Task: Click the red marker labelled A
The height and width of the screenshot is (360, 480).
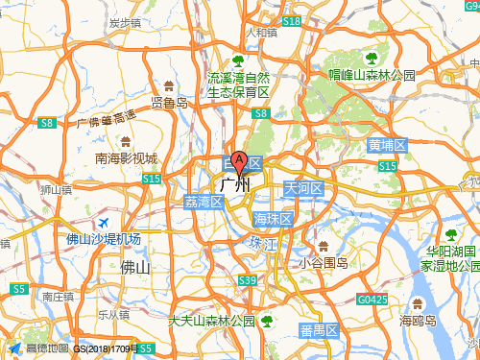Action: pyautogui.click(x=240, y=160)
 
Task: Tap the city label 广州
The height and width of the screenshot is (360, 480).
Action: pyautogui.click(x=235, y=184)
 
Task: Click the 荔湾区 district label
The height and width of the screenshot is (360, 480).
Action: pyautogui.click(x=203, y=202)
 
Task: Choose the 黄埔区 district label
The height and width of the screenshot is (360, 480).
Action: pyautogui.click(x=386, y=146)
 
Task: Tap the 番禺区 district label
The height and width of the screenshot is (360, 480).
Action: pyautogui.click(x=318, y=331)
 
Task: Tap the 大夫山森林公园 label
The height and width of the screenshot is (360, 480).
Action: pyautogui.click(x=211, y=321)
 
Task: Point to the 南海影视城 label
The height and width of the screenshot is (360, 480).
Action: pyautogui.click(x=126, y=158)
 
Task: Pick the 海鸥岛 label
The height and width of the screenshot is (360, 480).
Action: pyautogui.click(x=419, y=321)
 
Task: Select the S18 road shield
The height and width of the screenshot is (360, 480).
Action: pyautogui.click(x=292, y=20)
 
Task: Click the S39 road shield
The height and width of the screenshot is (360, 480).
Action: pyautogui.click(x=248, y=280)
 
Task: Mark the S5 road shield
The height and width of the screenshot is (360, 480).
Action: pyautogui.click(x=18, y=288)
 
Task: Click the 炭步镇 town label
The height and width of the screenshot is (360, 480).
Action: pyautogui.click(x=126, y=21)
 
